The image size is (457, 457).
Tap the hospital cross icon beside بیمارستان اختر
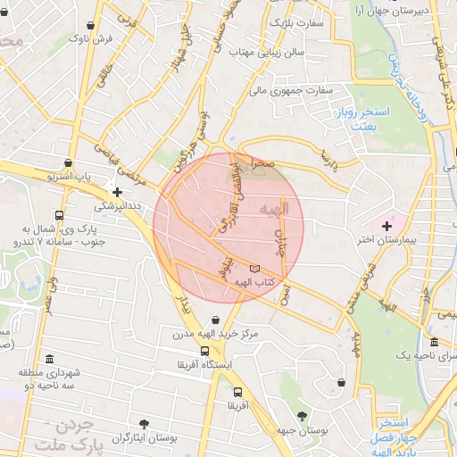coord(386,225)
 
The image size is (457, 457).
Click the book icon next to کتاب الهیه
coord(256,268)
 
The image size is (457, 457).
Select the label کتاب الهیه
coord(253,282)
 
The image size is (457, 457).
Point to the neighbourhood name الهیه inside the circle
coord(266,208)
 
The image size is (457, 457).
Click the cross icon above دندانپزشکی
coord(117,192)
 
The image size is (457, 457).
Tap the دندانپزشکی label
coord(117,205)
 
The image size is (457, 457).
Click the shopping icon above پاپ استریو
coord(70,162)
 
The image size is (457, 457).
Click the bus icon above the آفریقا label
coord(237,392)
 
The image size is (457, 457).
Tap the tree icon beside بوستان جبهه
coord(302,416)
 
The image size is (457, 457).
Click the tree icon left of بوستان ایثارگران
coord(144,422)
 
